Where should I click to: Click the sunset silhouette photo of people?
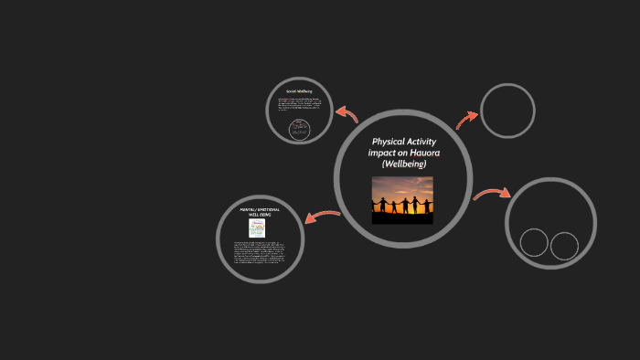pos(403,199)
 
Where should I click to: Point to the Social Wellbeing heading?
pos(301,92)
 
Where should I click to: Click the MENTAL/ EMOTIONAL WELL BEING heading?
pos(260,212)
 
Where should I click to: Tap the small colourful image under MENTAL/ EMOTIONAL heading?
pos(259,228)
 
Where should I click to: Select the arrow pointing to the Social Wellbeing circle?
pos(346,113)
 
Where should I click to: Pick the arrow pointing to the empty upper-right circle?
pos(467,119)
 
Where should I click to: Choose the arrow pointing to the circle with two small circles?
pos(491,194)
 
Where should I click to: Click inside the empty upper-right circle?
pos(507,111)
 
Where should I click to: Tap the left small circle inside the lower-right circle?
pos(534,243)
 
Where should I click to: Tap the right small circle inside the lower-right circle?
pos(564,246)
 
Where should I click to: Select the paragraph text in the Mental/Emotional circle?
pos(260,253)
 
